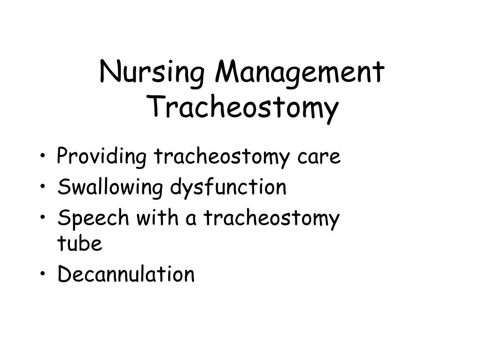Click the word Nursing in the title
153,73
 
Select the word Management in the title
299,73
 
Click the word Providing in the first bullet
101,157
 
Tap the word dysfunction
228,188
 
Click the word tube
79,244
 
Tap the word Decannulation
126,275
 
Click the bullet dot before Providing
44,157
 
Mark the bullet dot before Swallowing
44,188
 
